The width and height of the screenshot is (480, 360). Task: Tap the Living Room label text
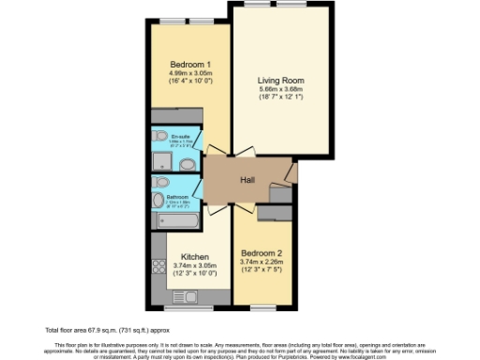coord(281,81)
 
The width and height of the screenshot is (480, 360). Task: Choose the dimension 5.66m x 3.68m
coord(281,92)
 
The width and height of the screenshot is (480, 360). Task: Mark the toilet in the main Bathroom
coord(162,181)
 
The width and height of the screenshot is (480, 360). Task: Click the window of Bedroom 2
coord(262,307)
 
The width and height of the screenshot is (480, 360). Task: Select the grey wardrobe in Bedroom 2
coord(273,214)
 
